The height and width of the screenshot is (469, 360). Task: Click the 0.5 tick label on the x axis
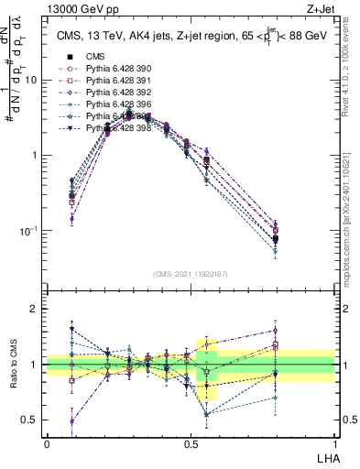(x=191, y=442)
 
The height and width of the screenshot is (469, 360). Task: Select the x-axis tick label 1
(x=334, y=442)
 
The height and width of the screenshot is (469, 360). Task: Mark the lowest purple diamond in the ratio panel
(x=72, y=421)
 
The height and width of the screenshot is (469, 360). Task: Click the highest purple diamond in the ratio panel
(x=275, y=331)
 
